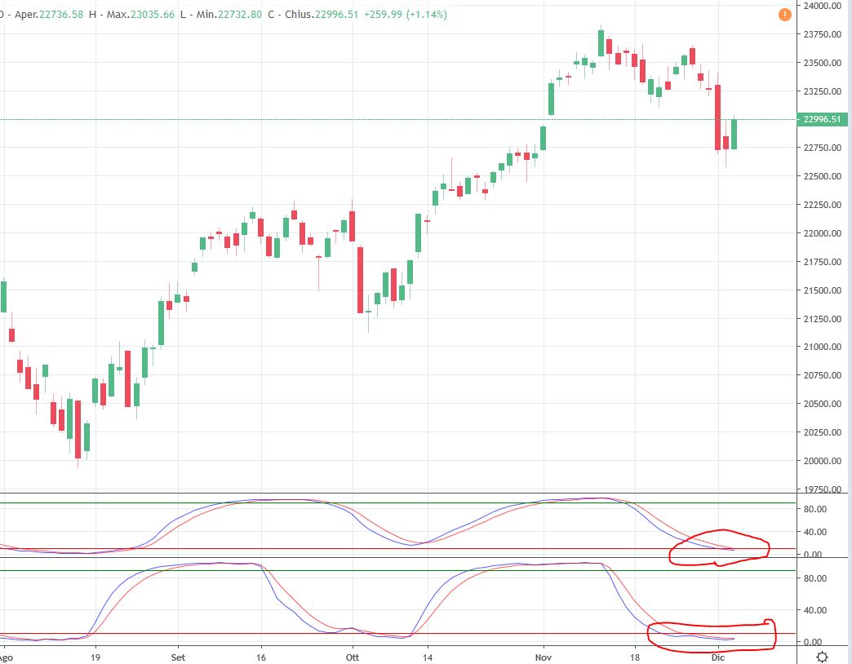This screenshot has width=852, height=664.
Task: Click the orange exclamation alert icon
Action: point(784,15)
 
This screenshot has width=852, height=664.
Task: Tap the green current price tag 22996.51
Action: point(822,119)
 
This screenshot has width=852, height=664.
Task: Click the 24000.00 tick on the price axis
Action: point(822,6)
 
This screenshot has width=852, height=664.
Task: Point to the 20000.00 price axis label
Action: point(822,460)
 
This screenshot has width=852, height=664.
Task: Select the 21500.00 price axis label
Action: point(822,290)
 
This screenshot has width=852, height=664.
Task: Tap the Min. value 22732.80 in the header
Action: point(240,15)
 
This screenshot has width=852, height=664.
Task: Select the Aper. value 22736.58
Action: point(61,15)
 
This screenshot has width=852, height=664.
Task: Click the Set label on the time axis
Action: point(178,657)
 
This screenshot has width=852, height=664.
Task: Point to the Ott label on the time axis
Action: point(353,657)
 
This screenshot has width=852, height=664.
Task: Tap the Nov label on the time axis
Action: point(544,657)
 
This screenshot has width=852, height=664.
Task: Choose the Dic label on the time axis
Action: point(718,657)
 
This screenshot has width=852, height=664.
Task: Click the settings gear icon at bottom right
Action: point(822,657)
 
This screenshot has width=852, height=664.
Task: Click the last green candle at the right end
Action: point(734,134)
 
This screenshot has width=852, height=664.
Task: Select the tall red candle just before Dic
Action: point(718,117)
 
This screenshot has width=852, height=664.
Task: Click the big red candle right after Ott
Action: point(360,280)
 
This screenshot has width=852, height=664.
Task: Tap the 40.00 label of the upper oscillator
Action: point(815,532)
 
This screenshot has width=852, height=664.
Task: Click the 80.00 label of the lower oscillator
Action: point(815,578)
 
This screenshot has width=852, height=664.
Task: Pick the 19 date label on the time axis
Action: point(95,657)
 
